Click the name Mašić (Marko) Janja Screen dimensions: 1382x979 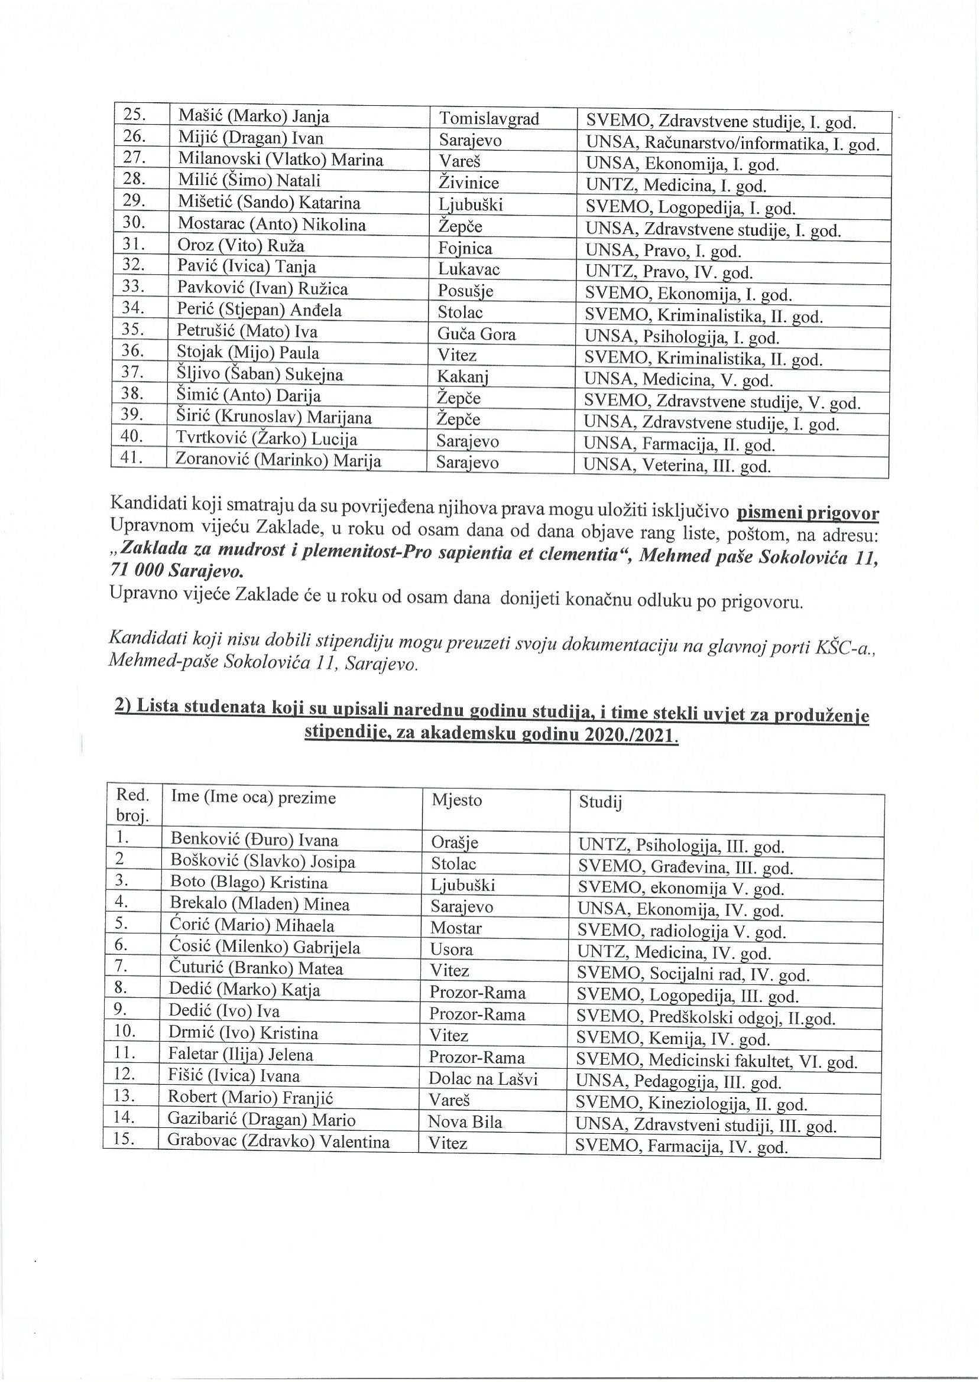[253, 116]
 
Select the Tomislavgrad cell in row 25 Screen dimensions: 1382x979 [488, 119]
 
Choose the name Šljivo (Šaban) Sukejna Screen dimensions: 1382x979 [260, 375]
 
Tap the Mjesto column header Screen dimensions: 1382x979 [456, 801]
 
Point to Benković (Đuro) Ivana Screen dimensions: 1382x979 [254, 840]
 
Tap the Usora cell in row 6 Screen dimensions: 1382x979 [452, 950]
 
